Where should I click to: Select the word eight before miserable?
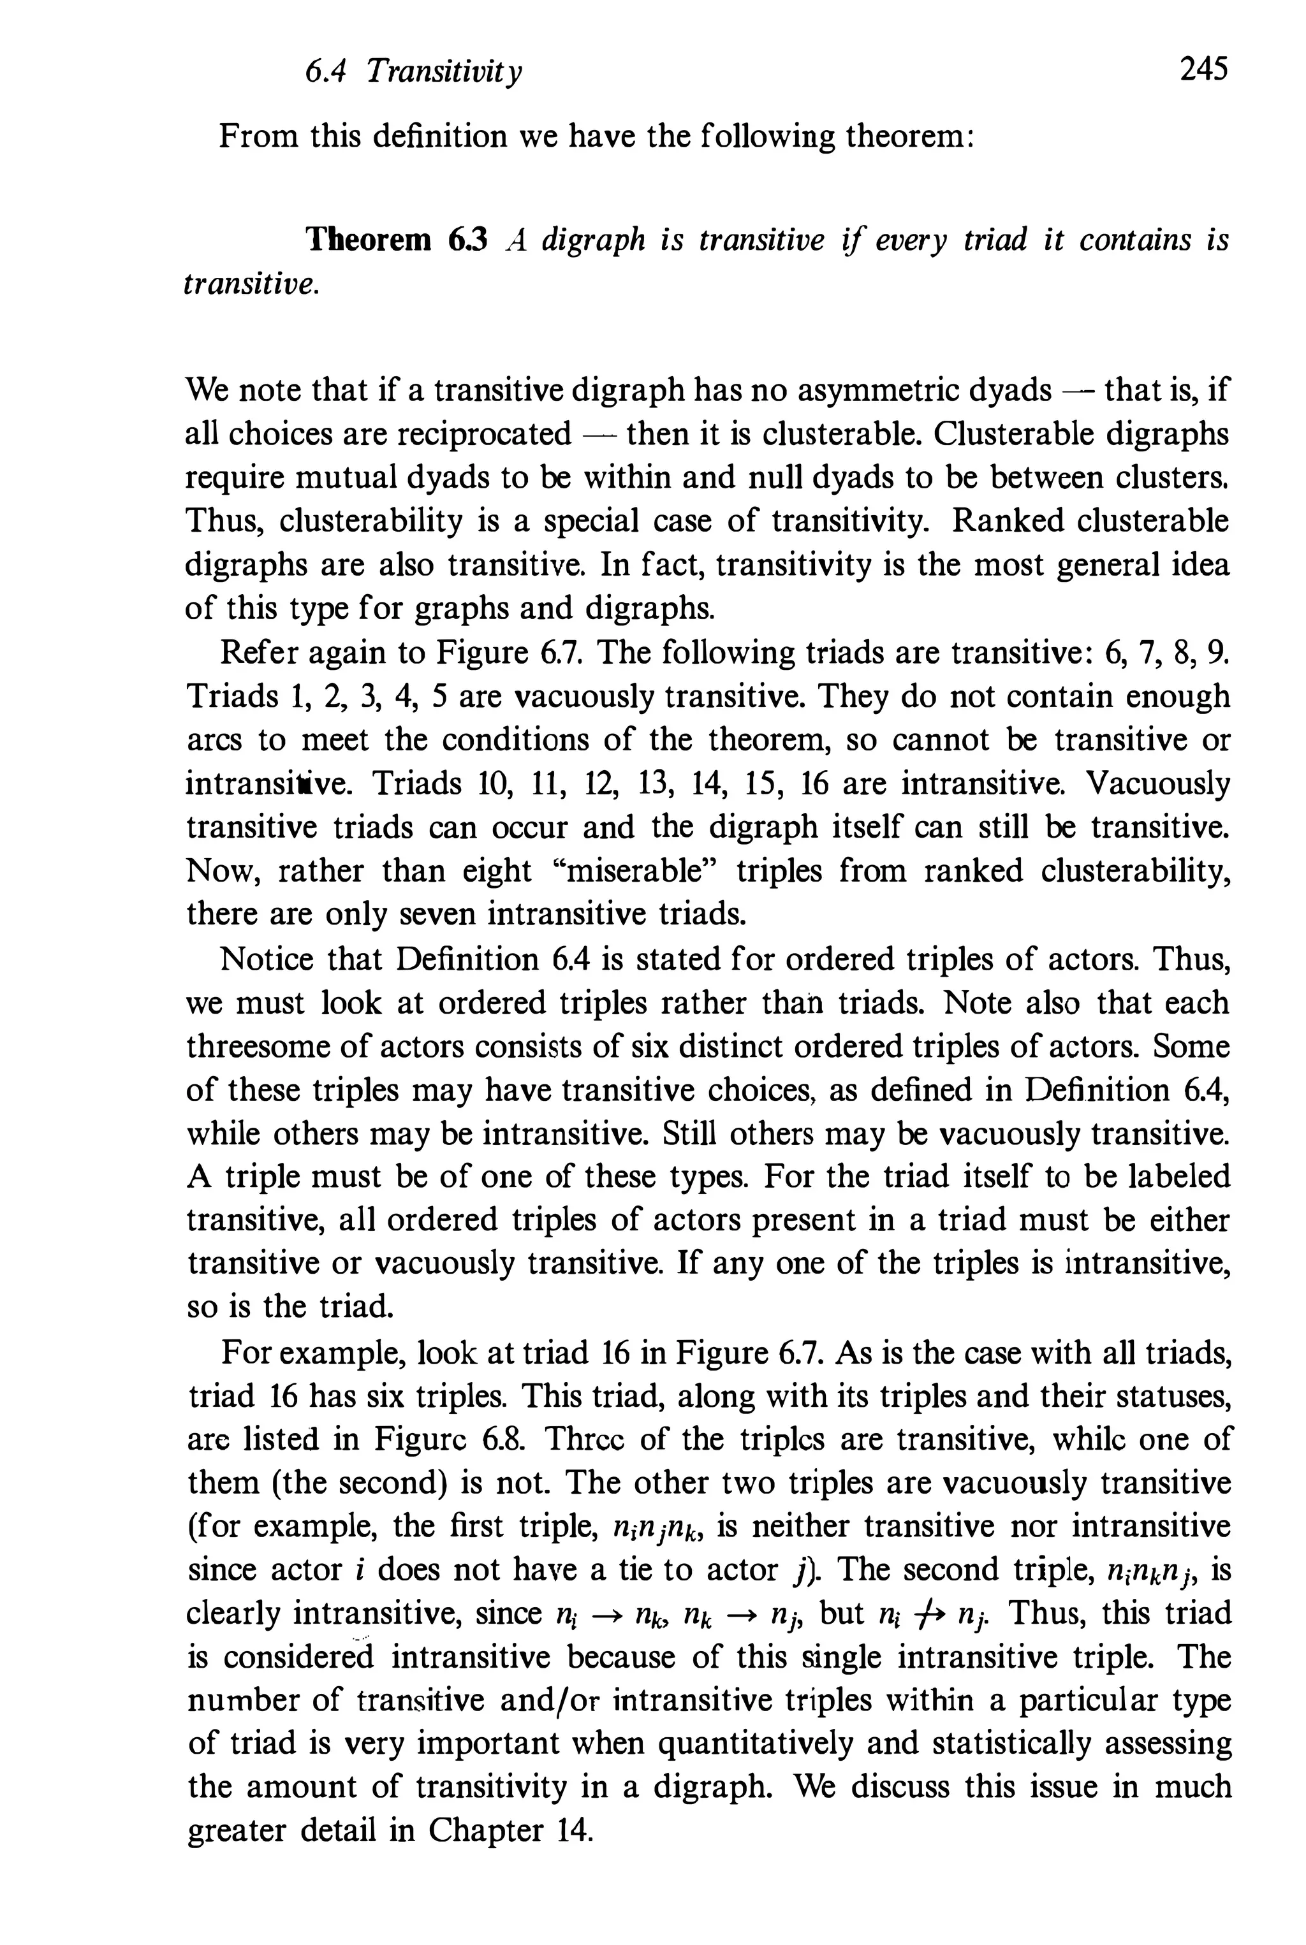pos(497,871)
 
